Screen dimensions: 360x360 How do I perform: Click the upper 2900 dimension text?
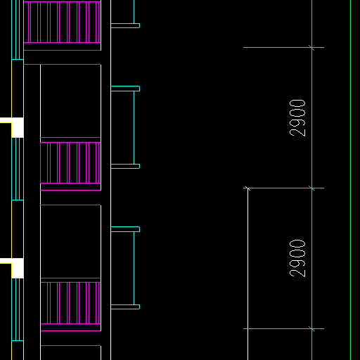(x=297, y=118)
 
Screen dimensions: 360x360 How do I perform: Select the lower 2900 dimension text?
(x=297, y=258)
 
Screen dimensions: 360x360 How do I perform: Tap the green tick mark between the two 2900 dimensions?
(x=311, y=188)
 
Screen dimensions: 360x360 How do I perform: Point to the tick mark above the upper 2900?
(x=311, y=48)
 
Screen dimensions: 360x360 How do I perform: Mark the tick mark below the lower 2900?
(x=311, y=328)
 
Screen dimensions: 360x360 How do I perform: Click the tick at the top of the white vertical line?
(x=247, y=188)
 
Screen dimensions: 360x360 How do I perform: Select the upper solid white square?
(x=18, y=127)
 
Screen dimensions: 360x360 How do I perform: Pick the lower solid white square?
(x=18, y=268)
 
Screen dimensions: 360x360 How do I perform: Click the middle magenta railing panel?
(x=70, y=162)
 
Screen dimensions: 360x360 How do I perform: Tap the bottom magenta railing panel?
(x=70, y=303)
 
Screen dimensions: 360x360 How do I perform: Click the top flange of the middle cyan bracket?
(x=125, y=89)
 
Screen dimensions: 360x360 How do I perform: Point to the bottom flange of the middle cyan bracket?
(x=125, y=167)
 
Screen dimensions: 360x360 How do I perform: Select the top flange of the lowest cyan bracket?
(x=125, y=229)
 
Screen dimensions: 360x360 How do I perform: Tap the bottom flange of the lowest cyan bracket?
(x=125, y=307)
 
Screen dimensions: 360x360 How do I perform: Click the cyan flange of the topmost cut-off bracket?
(x=125, y=26)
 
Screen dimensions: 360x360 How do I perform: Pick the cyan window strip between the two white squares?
(x=18, y=169)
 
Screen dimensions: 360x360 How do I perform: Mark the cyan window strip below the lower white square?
(x=18, y=309)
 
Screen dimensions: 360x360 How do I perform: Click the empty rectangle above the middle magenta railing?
(x=70, y=101)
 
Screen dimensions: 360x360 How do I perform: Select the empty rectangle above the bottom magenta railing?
(x=70, y=241)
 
